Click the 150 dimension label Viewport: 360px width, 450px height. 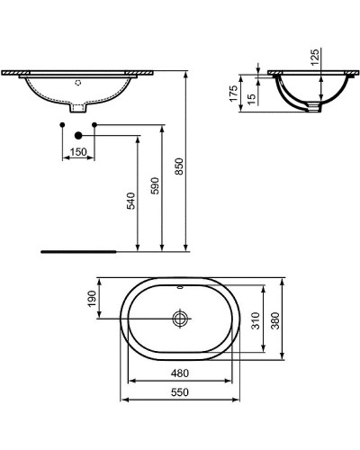[79, 152]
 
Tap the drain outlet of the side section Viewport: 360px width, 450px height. [313, 105]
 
